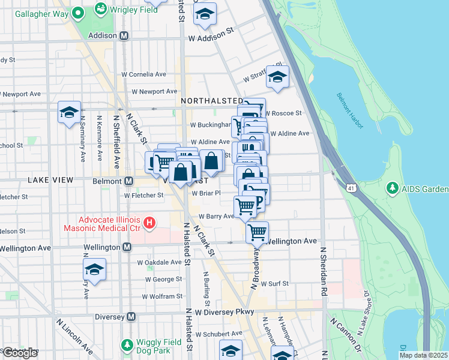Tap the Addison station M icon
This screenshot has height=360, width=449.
pyautogui.click(x=124, y=35)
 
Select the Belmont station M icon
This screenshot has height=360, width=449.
pyautogui.click(x=128, y=181)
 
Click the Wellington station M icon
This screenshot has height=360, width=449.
pyautogui.click(x=127, y=247)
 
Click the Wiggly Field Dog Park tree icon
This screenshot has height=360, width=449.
pyautogui.click(x=127, y=345)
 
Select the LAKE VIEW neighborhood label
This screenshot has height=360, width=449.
pyautogui.click(x=50, y=180)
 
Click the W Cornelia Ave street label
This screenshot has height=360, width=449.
pyautogui.click(x=144, y=74)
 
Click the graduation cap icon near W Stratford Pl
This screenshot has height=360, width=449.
pyautogui.click(x=277, y=77)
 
